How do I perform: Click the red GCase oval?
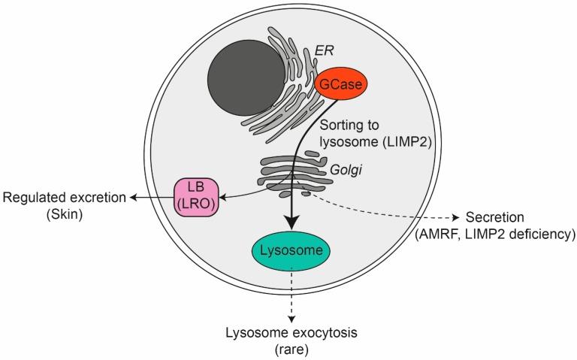(343, 86)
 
